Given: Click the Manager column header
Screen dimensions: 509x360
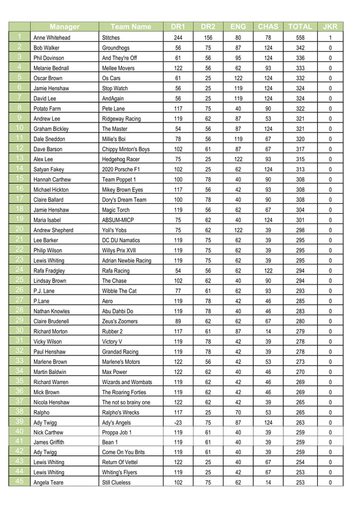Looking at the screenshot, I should [x=64, y=27].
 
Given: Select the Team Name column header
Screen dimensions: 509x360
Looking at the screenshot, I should [x=131, y=27].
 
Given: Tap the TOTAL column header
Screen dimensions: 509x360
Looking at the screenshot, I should [x=300, y=27].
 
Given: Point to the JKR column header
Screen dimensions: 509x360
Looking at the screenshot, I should [x=330, y=27].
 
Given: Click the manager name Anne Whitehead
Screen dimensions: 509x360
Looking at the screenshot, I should [x=52, y=38].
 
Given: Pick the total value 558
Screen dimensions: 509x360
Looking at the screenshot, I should [x=300, y=38].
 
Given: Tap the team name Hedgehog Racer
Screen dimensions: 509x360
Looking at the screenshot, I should [x=121, y=159].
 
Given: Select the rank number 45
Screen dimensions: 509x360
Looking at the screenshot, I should [x=19, y=482].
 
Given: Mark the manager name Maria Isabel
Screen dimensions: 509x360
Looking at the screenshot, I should [x=48, y=220].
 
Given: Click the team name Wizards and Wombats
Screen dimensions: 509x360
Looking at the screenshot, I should [x=127, y=382].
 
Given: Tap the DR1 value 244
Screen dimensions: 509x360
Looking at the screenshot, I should [x=178, y=38].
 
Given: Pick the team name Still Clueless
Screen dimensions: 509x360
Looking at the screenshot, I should [x=116, y=483].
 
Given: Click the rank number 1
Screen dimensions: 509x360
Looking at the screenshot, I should [x=19, y=37].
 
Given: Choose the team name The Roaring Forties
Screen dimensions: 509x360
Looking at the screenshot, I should [x=124, y=392].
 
